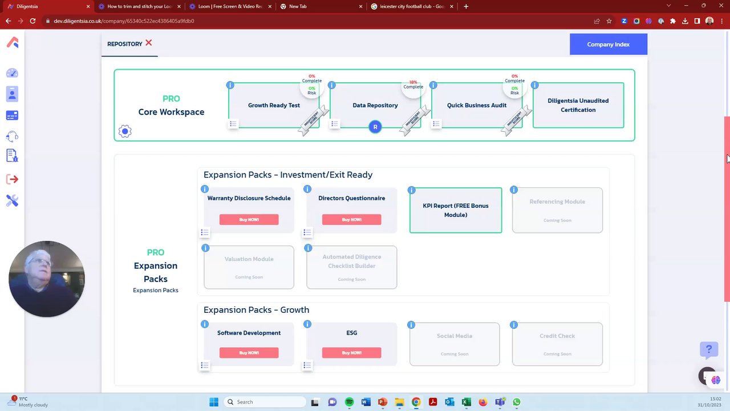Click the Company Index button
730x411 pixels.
tap(608, 44)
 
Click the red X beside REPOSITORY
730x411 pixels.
tap(148, 43)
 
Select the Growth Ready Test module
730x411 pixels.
tap(274, 105)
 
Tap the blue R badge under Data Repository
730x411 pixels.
tap(375, 127)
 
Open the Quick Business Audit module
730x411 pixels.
tap(476, 105)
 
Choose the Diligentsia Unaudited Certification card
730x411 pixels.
tap(578, 105)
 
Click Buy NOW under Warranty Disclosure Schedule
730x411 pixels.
tap(249, 220)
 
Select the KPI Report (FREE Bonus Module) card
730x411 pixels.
tap(455, 210)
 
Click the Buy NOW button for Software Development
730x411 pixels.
tap(249, 353)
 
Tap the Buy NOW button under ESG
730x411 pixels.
tap(351, 353)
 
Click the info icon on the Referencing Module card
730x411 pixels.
tap(514, 190)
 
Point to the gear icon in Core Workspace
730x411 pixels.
tap(125, 131)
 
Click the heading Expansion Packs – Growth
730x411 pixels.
tap(256, 309)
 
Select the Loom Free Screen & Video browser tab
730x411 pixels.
tap(229, 6)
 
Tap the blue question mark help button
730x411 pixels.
tap(709, 349)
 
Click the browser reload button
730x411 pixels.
tap(33, 21)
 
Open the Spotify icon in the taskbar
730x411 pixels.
tap(349, 402)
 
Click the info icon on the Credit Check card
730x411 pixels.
tap(514, 325)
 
